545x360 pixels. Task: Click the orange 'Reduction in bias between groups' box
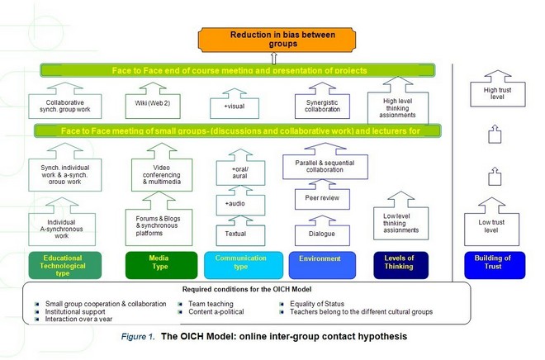point(272,38)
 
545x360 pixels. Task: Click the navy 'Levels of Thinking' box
point(400,264)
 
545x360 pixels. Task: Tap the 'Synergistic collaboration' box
point(319,106)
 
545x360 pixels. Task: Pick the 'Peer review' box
point(319,199)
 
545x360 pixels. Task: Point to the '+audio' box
point(236,203)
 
